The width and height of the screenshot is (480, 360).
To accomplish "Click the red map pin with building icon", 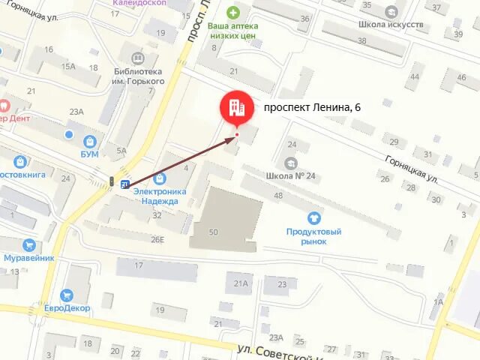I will [x=237, y=108].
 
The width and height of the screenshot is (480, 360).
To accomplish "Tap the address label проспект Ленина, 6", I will [x=312, y=107].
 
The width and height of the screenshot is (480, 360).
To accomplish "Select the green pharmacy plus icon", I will [x=233, y=12].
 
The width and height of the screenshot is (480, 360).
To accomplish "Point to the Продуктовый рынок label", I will [x=313, y=236].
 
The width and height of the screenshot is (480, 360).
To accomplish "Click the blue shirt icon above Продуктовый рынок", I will [x=313, y=218].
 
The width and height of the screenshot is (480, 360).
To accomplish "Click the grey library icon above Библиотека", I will [x=137, y=58].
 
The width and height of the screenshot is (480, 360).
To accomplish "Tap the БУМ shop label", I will [x=91, y=154].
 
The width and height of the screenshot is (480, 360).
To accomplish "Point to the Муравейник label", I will [x=28, y=258].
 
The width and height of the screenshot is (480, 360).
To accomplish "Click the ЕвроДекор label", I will [x=66, y=308].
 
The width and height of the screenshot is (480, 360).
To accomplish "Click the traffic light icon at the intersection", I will [x=111, y=181].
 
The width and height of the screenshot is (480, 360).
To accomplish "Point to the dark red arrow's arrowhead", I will [x=232, y=139].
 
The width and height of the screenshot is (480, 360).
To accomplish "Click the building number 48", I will [x=278, y=196].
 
